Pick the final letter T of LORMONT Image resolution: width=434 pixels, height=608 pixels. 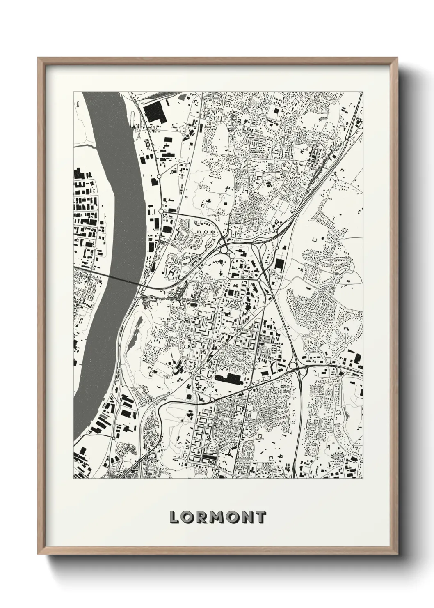click(x=260, y=517)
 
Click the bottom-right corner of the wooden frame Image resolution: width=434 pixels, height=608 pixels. click(x=397, y=553)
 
